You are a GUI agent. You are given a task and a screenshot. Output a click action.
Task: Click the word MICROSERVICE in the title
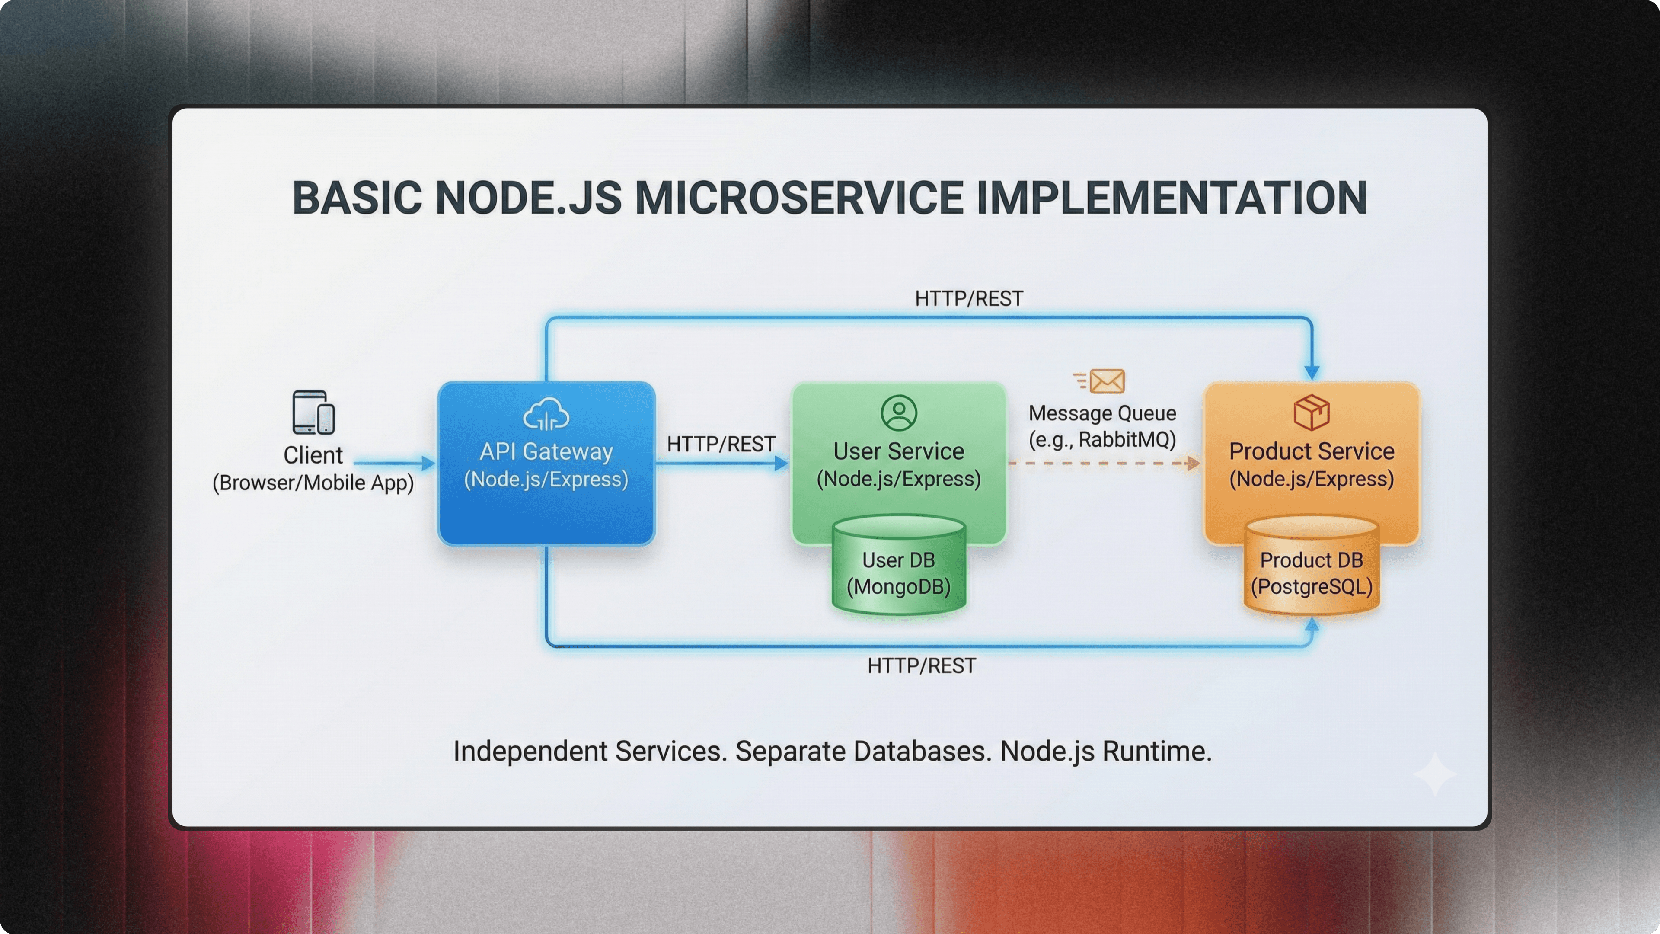[x=799, y=198]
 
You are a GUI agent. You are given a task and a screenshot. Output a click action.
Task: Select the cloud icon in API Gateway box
[x=546, y=415]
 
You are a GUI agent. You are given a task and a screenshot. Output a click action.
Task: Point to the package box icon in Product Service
[x=1312, y=413]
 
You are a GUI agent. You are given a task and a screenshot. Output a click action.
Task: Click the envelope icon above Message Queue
[x=1107, y=381]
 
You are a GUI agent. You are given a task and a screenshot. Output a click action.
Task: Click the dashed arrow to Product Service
[x=1102, y=463]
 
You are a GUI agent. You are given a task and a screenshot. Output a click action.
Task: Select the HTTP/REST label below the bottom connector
[x=922, y=666]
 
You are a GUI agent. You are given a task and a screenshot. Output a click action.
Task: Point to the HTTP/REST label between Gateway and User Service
[x=721, y=444]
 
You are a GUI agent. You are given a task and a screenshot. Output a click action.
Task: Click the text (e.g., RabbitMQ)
[x=1102, y=440]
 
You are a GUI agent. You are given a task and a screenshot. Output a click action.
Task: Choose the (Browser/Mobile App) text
[x=313, y=483]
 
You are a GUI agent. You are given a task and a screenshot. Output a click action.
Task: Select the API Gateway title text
[x=546, y=451]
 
